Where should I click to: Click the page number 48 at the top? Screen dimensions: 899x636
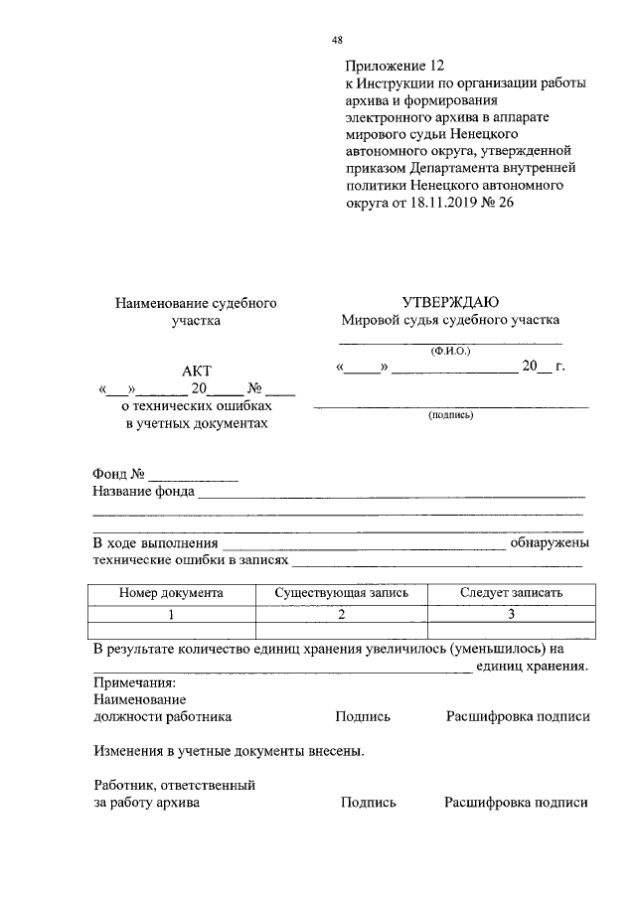(x=337, y=40)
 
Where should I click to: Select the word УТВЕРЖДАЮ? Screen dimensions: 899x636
(x=450, y=302)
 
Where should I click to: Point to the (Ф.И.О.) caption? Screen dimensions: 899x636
(x=450, y=351)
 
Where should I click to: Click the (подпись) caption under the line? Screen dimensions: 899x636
(x=450, y=415)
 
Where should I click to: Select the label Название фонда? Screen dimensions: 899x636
(x=144, y=491)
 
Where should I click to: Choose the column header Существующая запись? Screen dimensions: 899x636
(x=341, y=592)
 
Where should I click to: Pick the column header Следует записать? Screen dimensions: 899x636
(x=511, y=592)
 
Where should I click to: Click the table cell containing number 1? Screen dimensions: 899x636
(x=171, y=614)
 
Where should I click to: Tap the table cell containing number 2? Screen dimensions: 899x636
(x=341, y=614)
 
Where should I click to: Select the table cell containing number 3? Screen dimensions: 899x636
(x=511, y=614)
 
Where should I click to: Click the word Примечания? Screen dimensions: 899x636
(x=134, y=683)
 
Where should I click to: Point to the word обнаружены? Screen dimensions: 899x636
(x=550, y=543)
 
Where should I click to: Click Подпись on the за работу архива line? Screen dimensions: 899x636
(x=368, y=803)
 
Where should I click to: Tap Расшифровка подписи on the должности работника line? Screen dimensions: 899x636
(x=518, y=716)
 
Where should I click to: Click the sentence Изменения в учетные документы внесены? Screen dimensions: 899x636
(x=229, y=750)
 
